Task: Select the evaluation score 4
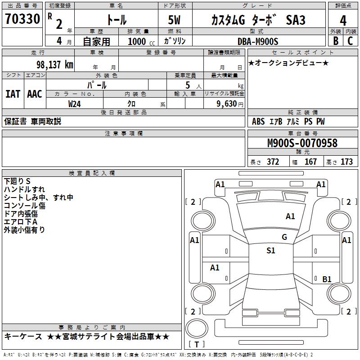coord(343,21)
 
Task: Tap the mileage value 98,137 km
coord(54,64)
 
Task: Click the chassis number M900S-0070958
coord(302,143)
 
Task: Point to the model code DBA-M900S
coord(258,41)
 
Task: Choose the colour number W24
coord(75,103)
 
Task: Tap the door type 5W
coord(174,21)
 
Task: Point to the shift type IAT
coord(13,94)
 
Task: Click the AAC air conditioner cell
coord(34,94)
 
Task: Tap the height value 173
coord(346,162)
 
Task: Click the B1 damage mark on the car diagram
coord(327,279)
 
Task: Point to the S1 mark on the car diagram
coord(271,251)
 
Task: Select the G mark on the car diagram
coord(284,237)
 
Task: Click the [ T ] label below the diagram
coord(197,345)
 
